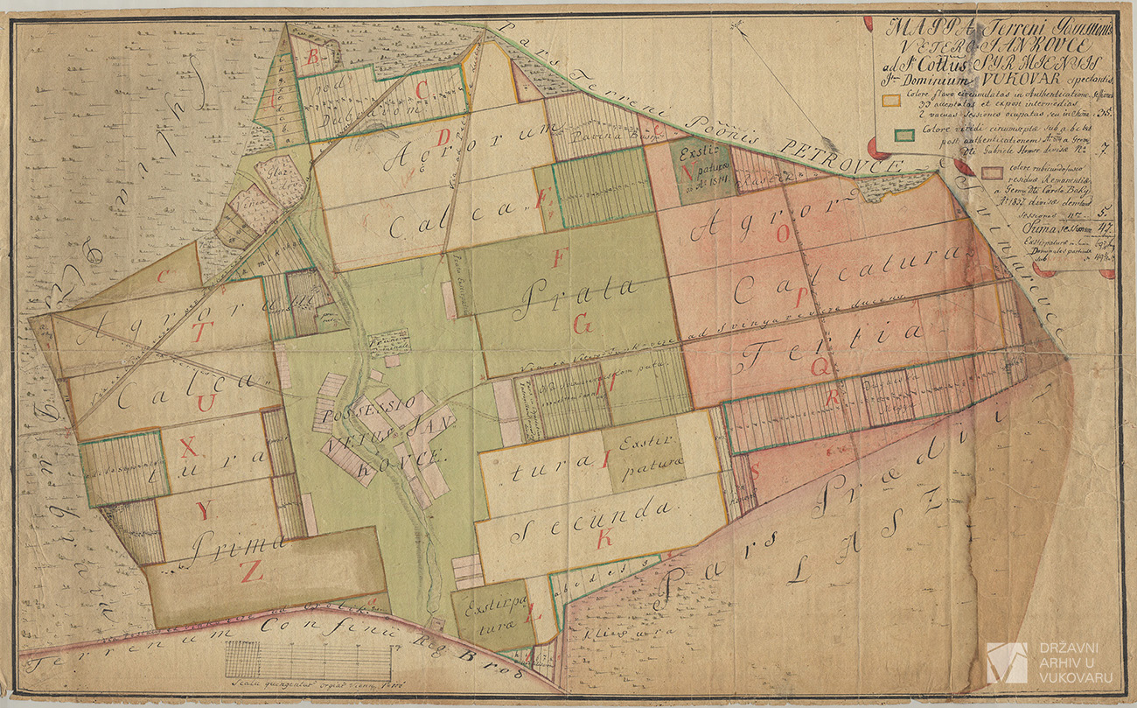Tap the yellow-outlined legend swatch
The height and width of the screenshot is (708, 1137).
[x=889, y=100]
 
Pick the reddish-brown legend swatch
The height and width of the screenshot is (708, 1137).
[x=991, y=172]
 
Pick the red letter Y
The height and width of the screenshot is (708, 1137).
[x=203, y=513]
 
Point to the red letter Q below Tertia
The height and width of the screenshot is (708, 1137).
[x=820, y=368]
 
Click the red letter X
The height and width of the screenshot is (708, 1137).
[x=187, y=448]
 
